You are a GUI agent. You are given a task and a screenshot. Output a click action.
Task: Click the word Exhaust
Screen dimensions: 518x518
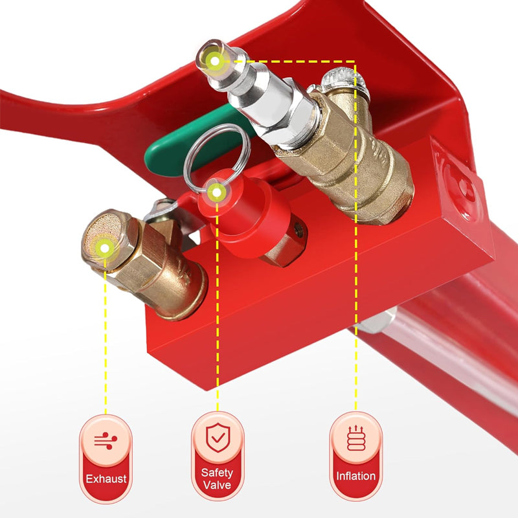tap(106, 479)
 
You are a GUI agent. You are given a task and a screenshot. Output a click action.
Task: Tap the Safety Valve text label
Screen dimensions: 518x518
tap(217, 479)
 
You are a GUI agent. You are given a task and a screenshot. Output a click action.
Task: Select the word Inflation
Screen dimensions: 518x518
tap(355, 476)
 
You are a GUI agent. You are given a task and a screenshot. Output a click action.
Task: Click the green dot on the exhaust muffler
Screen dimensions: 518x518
tap(104, 245)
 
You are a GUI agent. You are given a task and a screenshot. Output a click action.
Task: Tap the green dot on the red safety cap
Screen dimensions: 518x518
tap(216, 191)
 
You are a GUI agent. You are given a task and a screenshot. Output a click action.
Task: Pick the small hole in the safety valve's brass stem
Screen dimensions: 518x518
tap(297, 228)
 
